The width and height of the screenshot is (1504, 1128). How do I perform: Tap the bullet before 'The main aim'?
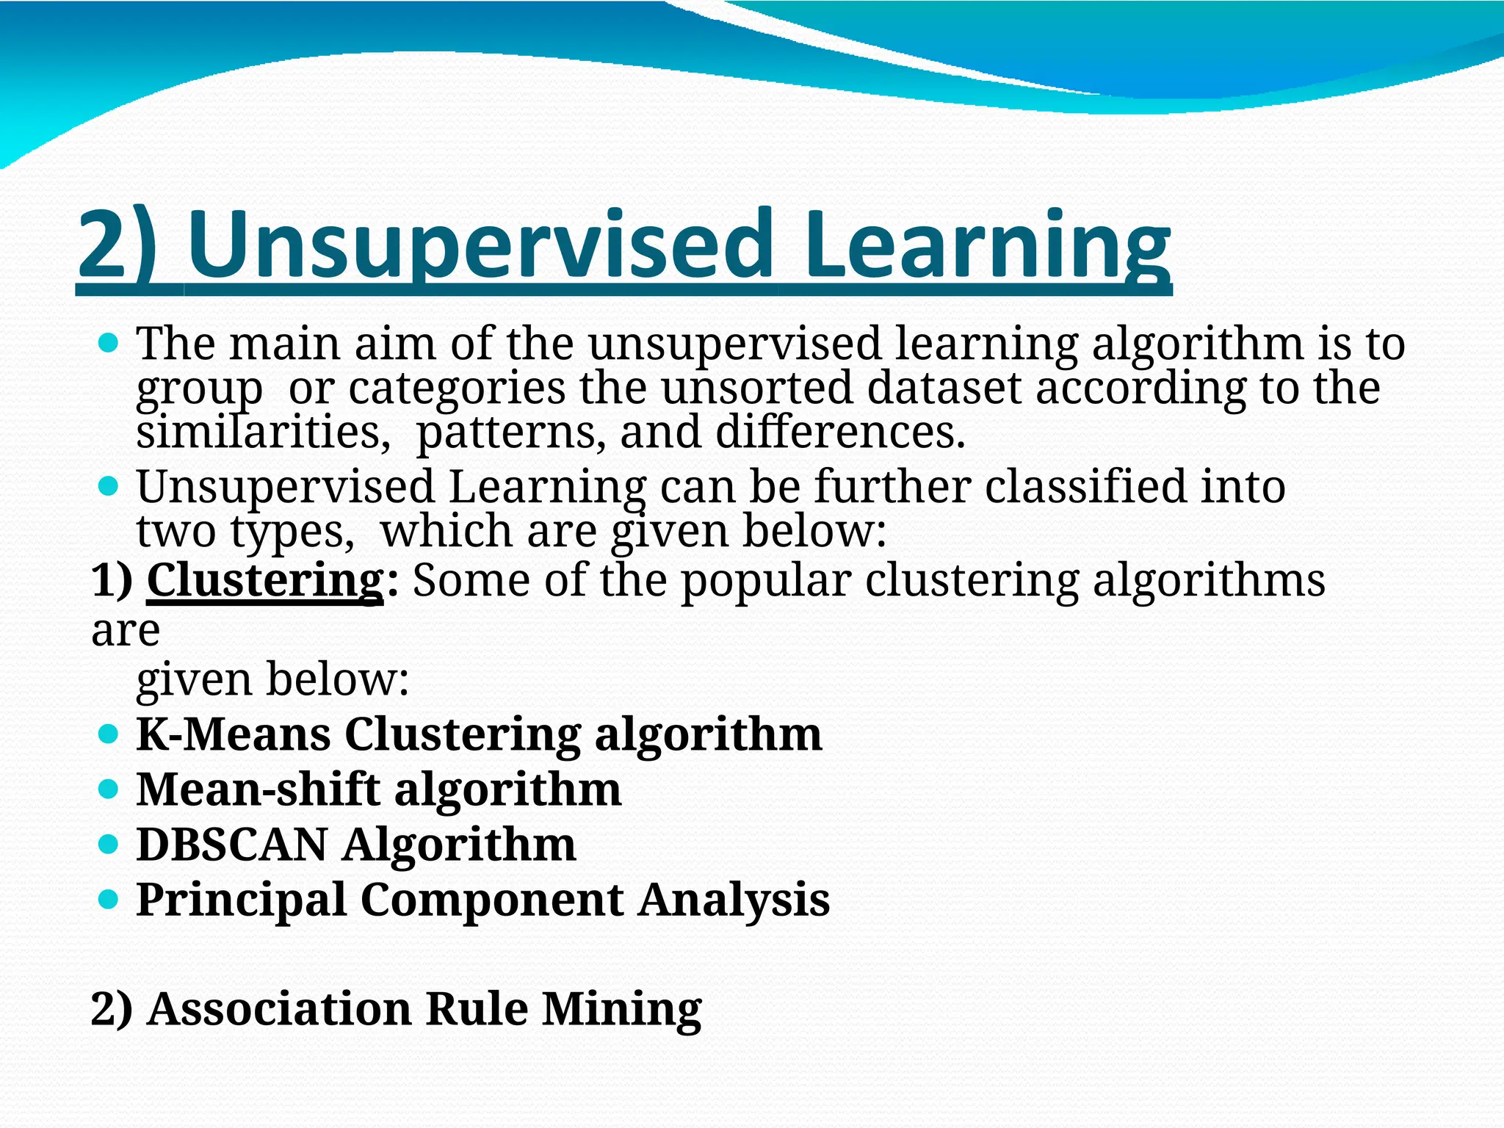108,343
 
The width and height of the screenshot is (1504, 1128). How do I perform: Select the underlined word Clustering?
265,580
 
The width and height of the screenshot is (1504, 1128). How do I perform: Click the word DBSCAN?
232,845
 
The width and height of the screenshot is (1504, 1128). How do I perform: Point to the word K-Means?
234,734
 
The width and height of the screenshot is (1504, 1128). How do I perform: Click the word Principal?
242,900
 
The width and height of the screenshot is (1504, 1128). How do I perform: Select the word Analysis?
734,900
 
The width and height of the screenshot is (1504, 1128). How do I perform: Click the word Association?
279,1008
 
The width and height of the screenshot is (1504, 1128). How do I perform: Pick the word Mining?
622,1008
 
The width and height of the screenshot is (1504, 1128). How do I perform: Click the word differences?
840,433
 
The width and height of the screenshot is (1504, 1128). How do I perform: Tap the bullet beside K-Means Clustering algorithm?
108,734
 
